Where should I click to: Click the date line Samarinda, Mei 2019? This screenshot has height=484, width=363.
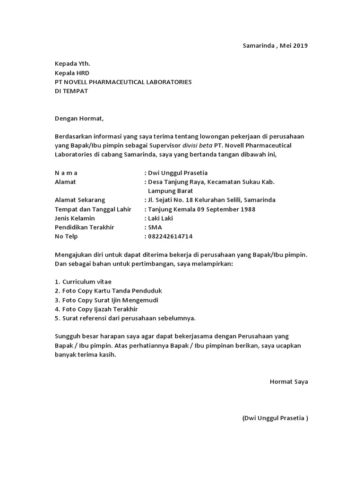(x=275, y=46)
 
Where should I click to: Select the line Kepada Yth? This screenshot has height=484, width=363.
(x=72, y=64)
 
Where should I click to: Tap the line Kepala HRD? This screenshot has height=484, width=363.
(x=72, y=73)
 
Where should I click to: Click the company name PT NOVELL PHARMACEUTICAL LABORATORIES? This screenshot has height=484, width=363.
(x=123, y=82)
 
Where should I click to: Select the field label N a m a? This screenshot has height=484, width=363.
(x=67, y=173)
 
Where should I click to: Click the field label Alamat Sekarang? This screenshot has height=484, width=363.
(x=80, y=200)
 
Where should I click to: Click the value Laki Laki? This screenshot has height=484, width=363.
(x=162, y=218)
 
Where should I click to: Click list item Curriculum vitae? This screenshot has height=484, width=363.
(x=86, y=282)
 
